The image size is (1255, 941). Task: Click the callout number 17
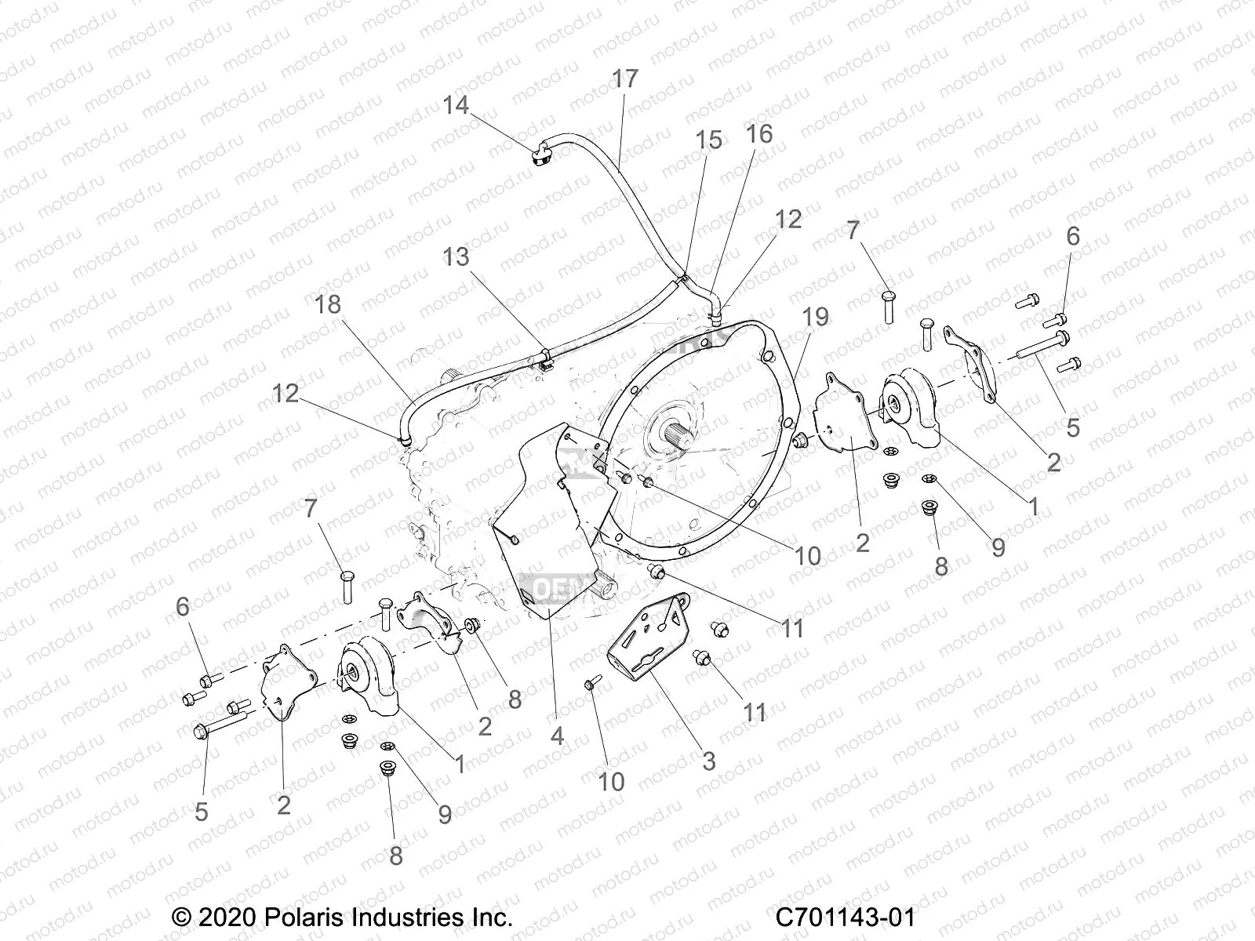625,78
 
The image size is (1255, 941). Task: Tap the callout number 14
456,104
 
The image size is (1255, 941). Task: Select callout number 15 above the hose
708,140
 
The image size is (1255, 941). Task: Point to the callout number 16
759,133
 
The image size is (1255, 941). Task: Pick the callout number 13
456,256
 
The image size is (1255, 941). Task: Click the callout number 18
328,304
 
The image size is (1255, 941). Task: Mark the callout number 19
815,317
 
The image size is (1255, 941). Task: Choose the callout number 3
709,761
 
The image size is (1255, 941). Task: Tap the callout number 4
557,736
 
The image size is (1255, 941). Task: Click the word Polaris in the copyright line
303,918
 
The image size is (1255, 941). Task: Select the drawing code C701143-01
845,918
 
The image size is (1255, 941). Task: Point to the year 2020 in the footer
227,918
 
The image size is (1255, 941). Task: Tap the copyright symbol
182,918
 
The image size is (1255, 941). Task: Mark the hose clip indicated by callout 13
545,358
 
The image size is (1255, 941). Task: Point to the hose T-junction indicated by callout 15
682,280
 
